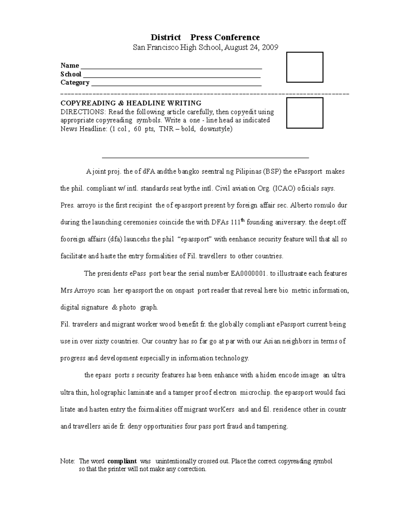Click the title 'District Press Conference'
(x=206, y=37)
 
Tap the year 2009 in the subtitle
(x=271, y=48)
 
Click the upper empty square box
(x=304, y=67)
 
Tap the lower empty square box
(x=304, y=113)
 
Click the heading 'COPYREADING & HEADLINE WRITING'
(x=131, y=103)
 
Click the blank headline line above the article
(x=206, y=157)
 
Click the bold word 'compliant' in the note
(x=122, y=461)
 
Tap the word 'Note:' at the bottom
(x=67, y=461)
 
